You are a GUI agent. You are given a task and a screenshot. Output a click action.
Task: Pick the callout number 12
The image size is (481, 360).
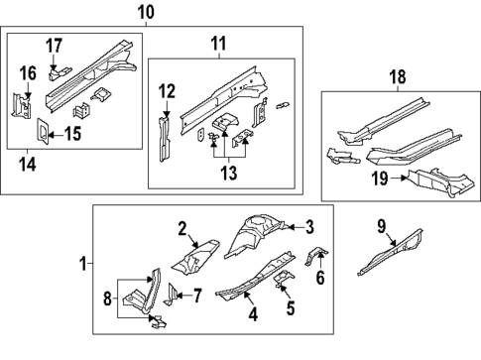167,92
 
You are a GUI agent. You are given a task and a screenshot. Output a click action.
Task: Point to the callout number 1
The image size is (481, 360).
82,264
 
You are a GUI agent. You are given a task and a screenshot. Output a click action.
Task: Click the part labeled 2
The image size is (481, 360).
190,260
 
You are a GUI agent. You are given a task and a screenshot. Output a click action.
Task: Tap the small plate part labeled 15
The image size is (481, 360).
43,131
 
